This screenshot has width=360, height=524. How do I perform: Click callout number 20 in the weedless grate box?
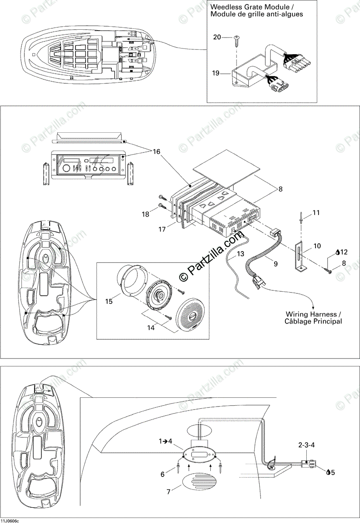(x=217, y=37)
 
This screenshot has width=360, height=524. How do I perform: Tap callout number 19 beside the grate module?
(x=216, y=73)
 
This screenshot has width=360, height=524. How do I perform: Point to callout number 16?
(x=156, y=151)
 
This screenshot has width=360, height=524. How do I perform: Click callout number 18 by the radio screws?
(x=145, y=214)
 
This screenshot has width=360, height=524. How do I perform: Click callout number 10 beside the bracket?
(x=317, y=246)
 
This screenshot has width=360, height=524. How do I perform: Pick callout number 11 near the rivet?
(x=316, y=213)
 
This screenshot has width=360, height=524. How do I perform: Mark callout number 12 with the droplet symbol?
(x=344, y=252)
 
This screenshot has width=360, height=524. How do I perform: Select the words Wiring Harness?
(x=311, y=314)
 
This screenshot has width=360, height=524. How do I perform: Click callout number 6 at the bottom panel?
(x=163, y=474)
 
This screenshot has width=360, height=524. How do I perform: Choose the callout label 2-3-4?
(x=307, y=445)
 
